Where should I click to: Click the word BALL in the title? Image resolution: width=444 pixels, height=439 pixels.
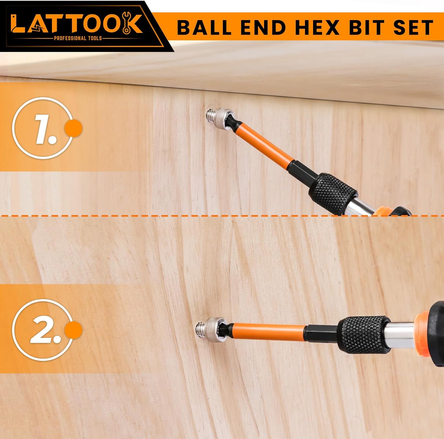tap(204, 28)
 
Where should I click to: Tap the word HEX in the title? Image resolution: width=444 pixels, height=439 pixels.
tap(317, 28)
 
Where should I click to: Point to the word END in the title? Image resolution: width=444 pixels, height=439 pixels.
tap(263, 28)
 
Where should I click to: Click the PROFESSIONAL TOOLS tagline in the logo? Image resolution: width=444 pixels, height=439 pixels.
tap(78, 38)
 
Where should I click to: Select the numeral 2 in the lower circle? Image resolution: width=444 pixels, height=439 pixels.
tap(44, 330)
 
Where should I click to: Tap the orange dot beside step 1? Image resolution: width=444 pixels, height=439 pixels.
tap(73, 128)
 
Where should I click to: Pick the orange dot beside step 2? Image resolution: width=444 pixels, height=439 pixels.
tap(73, 330)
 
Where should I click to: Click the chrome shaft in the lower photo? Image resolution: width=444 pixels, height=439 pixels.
tap(401, 333)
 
